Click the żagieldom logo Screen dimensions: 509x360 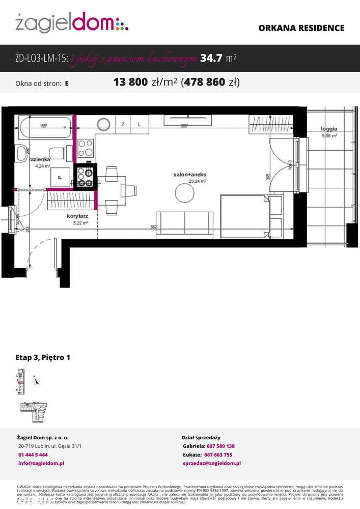pos(71,22)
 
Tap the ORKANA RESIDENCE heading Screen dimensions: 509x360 pos(301,29)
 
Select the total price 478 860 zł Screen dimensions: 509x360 pos(210,82)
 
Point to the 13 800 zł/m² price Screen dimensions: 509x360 pos(145,82)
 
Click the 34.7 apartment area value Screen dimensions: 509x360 pos(211,59)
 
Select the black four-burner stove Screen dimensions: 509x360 pos(85,177)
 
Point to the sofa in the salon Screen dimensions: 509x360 pos(184,224)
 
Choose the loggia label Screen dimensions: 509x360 pos(329,129)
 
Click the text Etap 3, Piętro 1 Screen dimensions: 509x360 pos(43,357)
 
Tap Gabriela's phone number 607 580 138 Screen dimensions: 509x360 pos(220,446)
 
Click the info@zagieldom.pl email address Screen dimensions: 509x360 pos(41,463)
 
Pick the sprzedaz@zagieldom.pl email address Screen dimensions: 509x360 pos(211,463)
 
